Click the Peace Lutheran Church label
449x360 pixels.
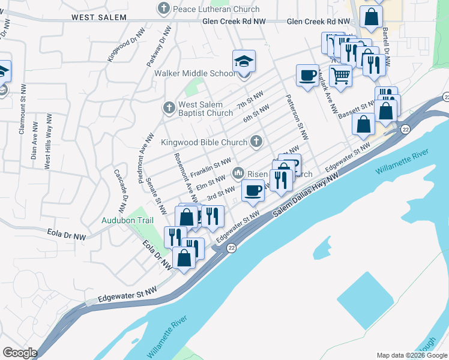215,9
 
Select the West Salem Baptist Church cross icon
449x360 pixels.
169,108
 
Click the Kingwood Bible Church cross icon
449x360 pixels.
256,142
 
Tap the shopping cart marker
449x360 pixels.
340,76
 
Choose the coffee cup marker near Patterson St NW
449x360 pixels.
307,76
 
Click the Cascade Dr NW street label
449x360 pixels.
118,191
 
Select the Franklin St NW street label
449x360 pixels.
210,167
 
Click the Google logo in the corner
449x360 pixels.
19,352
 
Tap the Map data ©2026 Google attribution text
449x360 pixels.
412,355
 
